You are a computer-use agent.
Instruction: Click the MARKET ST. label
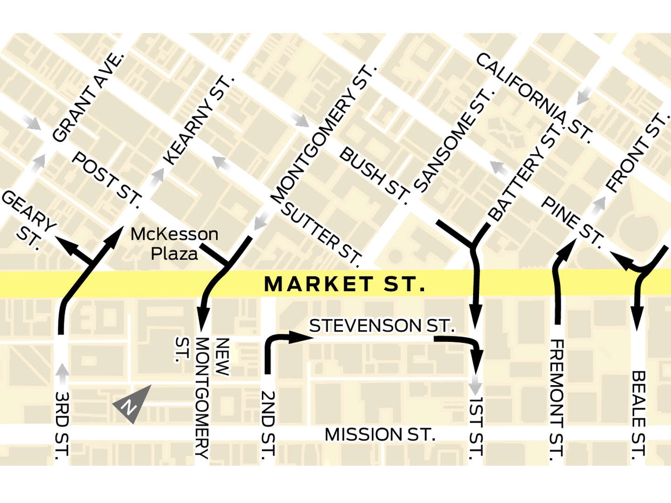[x=344, y=284]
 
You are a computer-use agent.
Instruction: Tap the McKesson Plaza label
[x=174, y=244]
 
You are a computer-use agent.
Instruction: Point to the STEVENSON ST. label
[x=381, y=326]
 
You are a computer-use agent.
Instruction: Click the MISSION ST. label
[x=380, y=435]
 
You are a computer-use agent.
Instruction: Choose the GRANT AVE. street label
[x=89, y=97]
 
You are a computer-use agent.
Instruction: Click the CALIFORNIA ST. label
[x=534, y=97]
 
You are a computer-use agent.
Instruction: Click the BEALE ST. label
[x=638, y=415]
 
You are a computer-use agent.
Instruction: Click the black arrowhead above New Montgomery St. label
[x=203, y=320]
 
